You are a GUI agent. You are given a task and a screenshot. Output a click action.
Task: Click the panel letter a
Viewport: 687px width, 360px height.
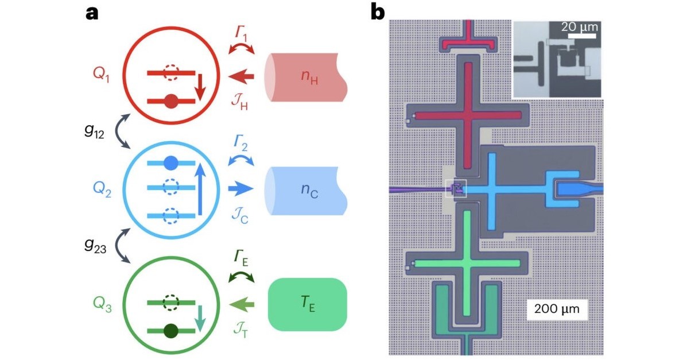[x=92, y=13]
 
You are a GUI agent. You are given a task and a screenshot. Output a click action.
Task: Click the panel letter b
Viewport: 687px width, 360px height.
[x=377, y=13]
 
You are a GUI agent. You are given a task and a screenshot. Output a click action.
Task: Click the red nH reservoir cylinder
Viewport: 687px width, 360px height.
[x=305, y=78]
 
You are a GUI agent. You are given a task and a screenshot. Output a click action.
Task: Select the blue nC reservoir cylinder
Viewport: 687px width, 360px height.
[x=305, y=191]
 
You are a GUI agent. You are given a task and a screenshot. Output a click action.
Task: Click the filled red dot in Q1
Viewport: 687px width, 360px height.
[x=170, y=102]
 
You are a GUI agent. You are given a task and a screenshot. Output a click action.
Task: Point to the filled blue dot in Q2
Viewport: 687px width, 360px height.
[x=170, y=164]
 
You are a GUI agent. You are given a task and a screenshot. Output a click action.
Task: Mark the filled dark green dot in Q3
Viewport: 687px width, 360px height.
[x=170, y=331]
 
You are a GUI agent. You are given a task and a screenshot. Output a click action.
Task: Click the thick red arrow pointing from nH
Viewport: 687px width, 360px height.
[x=241, y=75]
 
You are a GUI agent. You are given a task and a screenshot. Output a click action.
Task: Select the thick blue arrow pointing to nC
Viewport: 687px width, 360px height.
[x=241, y=187]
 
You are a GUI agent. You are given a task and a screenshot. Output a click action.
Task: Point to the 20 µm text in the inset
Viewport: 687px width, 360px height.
[x=580, y=26]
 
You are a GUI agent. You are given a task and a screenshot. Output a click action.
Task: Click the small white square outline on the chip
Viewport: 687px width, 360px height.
[x=457, y=188]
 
